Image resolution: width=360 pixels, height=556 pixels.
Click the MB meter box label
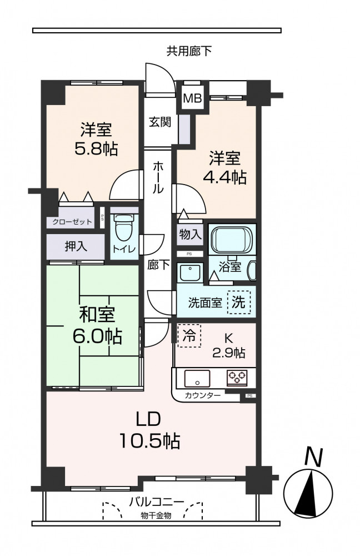click(x=192, y=98)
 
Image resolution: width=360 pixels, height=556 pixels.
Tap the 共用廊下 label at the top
click(x=189, y=51)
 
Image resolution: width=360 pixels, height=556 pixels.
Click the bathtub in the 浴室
click(x=232, y=239)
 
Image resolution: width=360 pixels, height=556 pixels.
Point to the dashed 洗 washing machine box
click(x=238, y=302)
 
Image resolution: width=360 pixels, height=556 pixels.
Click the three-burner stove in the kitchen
click(x=237, y=378)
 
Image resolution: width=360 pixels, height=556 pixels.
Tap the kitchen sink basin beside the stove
click(x=197, y=378)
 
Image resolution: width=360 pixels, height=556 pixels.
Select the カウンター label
click(x=202, y=395)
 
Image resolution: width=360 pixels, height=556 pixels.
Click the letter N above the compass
click(x=313, y=458)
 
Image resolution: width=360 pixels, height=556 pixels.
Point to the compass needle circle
click(x=308, y=494)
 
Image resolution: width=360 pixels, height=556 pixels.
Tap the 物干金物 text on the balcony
click(x=156, y=515)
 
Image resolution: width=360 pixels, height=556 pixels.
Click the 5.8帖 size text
click(x=96, y=148)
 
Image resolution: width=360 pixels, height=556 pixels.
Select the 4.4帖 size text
click(x=224, y=177)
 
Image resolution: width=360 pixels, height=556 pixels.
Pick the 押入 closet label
click(x=76, y=246)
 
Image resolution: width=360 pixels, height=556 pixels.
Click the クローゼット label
click(x=72, y=222)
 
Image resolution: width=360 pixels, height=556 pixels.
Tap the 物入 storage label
click(x=190, y=234)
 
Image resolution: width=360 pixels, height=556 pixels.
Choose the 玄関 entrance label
click(x=160, y=122)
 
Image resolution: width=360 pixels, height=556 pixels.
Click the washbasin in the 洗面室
click(x=190, y=272)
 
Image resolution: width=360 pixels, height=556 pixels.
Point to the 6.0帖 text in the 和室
click(x=97, y=336)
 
